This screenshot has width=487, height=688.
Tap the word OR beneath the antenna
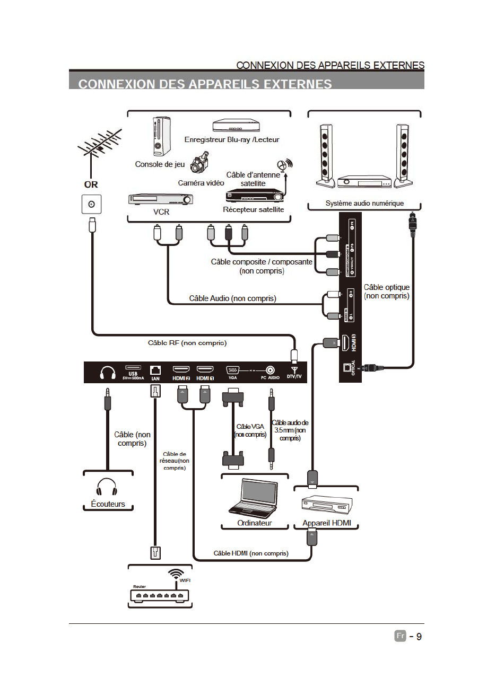pos(91,184)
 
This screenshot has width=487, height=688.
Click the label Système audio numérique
pos(364,204)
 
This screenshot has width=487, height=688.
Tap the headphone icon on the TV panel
pos(108,373)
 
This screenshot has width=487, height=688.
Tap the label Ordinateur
pos(255,523)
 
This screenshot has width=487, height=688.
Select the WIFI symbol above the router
pos(176,574)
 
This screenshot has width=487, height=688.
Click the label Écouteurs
pos(108,504)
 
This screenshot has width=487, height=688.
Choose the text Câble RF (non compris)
pos(187,343)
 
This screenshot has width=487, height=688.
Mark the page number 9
pos(419,637)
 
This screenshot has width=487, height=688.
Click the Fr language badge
pos(401,636)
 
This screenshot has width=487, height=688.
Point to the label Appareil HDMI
pos(327,523)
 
